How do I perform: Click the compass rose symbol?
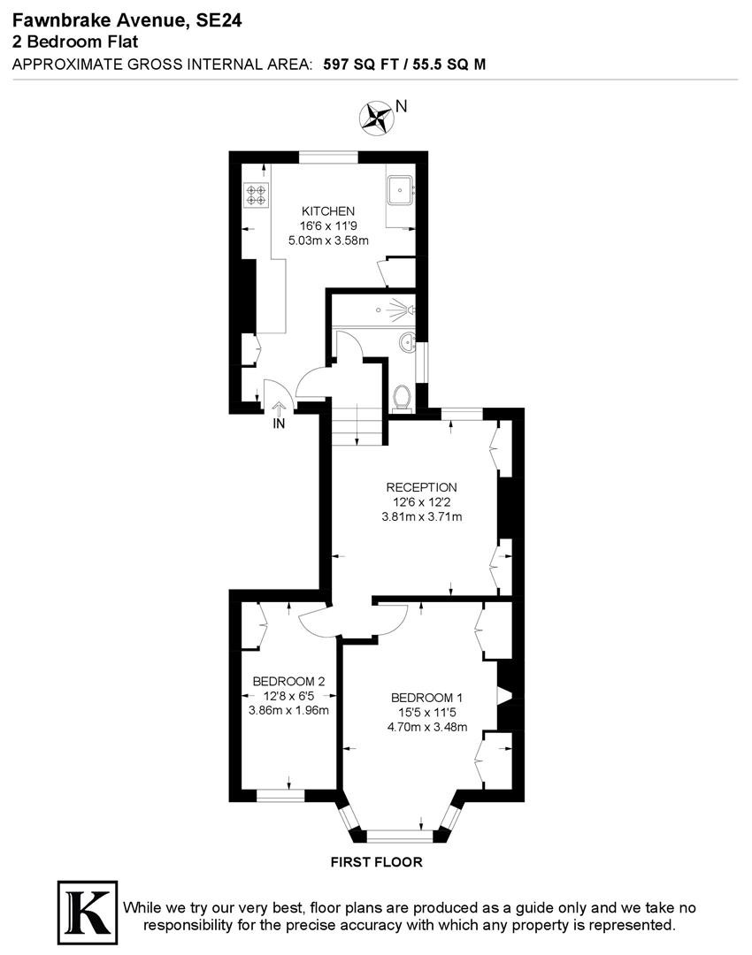pyautogui.click(x=376, y=118)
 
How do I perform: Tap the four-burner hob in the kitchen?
pyautogui.click(x=257, y=195)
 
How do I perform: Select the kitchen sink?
pyautogui.click(x=401, y=190)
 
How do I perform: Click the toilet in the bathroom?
pyautogui.click(x=402, y=398)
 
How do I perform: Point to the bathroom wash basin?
pyautogui.click(x=406, y=343)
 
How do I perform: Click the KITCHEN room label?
pyautogui.click(x=328, y=211)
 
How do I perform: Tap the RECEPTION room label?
pyautogui.click(x=421, y=487)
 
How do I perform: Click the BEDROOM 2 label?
pyautogui.click(x=288, y=681)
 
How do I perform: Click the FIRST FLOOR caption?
pyautogui.click(x=377, y=862)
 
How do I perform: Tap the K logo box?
pyautogui.click(x=88, y=912)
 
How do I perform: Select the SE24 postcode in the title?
pyautogui.click(x=219, y=20)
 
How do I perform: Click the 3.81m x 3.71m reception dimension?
pyautogui.click(x=421, y=517)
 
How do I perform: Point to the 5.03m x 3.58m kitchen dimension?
pyautogui.click(x=328, y=241)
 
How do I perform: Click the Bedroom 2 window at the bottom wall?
pyautogui.click(x=280, y=796)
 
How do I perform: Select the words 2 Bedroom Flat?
pyautogui.click(x=75, y=42)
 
